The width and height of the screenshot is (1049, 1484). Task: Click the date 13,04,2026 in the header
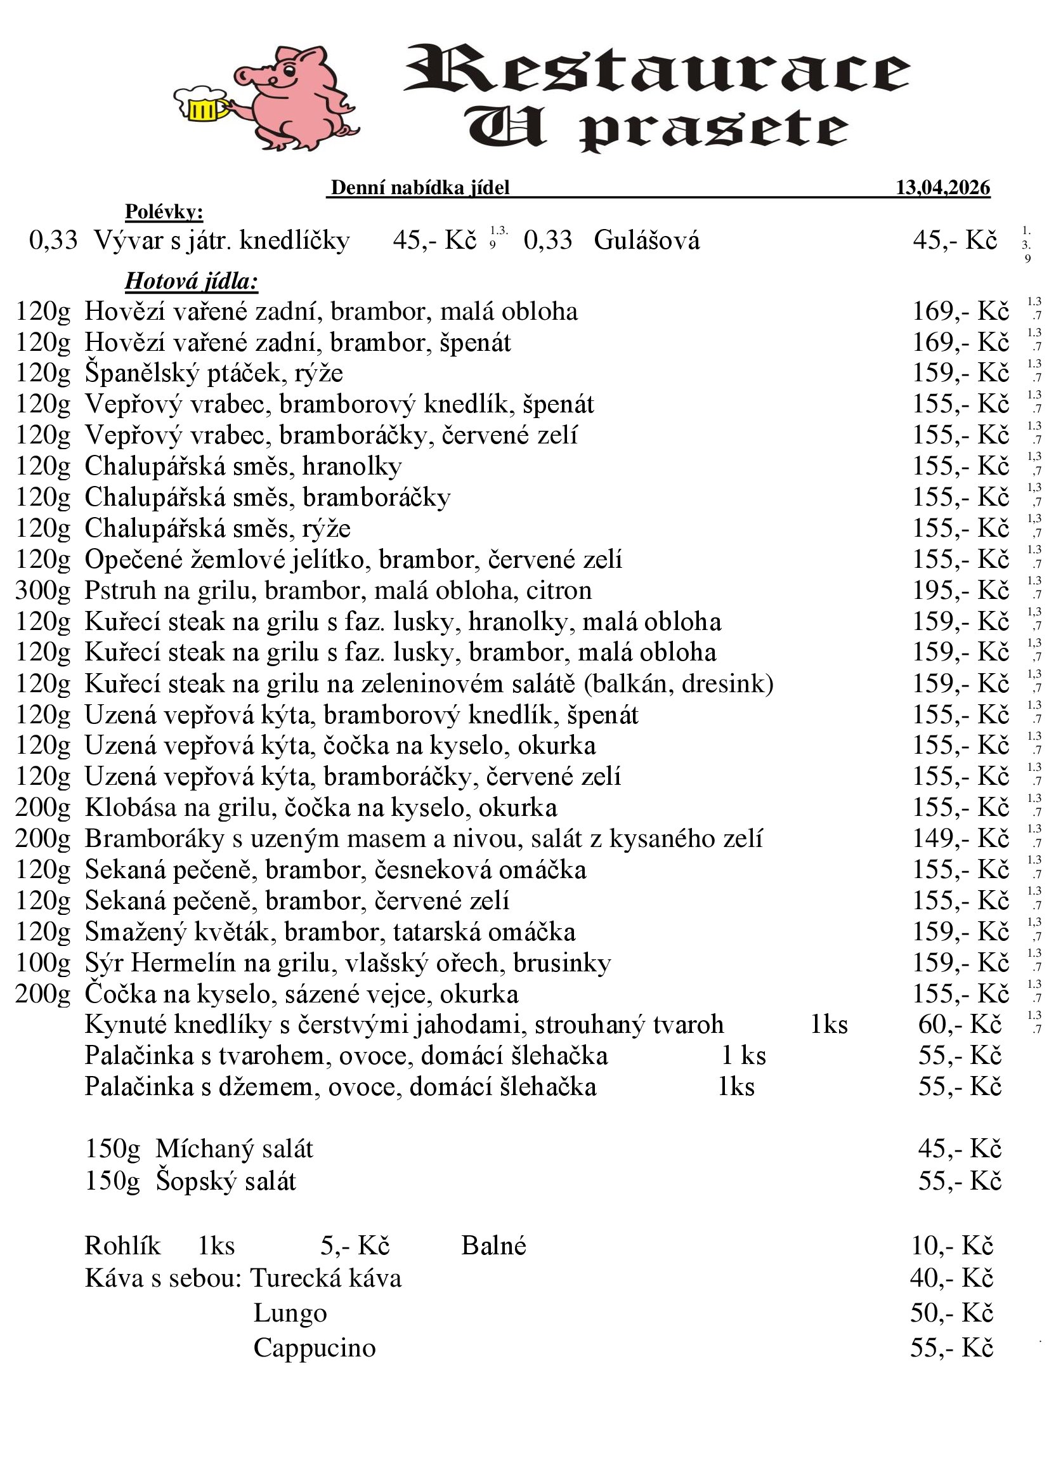tap(942, 187)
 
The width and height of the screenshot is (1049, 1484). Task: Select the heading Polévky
tap(164, 211)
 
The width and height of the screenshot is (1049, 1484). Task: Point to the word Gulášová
tap(646, 240)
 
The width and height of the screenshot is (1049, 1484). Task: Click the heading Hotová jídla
tap(191, 281)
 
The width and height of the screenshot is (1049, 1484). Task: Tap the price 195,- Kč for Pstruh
tap(960, 590)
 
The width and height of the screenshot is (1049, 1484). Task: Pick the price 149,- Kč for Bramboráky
tap(960, 838)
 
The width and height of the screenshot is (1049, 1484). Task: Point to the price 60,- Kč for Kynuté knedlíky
tap(960, 1025)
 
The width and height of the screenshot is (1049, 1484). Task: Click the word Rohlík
tap(122, 1245)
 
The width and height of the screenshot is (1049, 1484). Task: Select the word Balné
tap(493, 1245)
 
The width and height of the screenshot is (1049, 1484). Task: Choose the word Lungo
tap(290, 1313)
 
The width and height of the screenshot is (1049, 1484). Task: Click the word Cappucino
tap(315, 1348)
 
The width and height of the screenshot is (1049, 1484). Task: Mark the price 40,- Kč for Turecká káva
tap(951, 1278)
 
